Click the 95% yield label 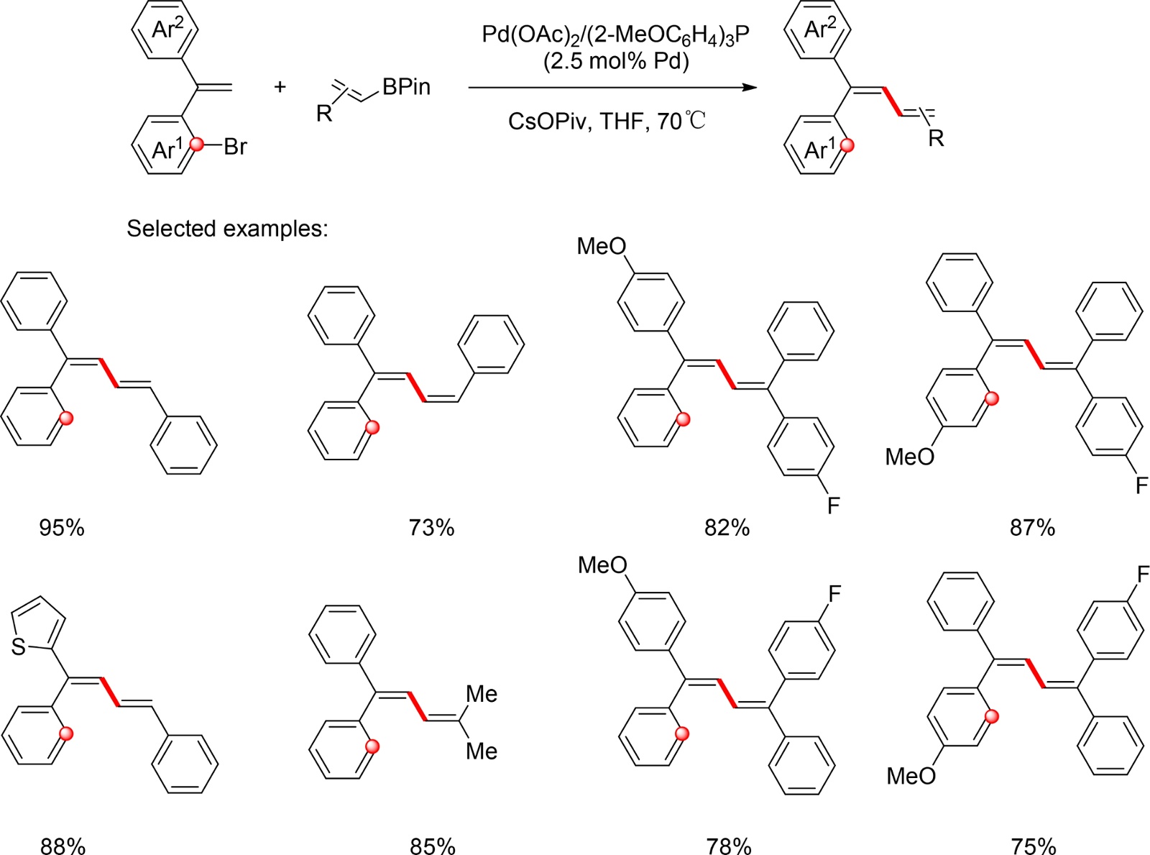[62, 528]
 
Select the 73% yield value [431, 528]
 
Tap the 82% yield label [727, 528]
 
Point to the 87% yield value [1032, 528]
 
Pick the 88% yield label [63, 846]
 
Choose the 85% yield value [433, 846]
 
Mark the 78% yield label [728, 846]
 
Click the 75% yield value [1034, 846]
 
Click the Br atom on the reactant [235, 147]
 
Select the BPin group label [406, 87]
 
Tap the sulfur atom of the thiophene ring [19, 647]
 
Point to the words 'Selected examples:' [227, 228]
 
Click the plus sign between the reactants [280, 87]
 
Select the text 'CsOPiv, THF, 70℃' [607, 120]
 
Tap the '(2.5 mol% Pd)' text [616, 61]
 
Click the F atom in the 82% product [833, 506]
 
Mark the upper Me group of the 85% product [482, 694]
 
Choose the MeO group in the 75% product [911, 776]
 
